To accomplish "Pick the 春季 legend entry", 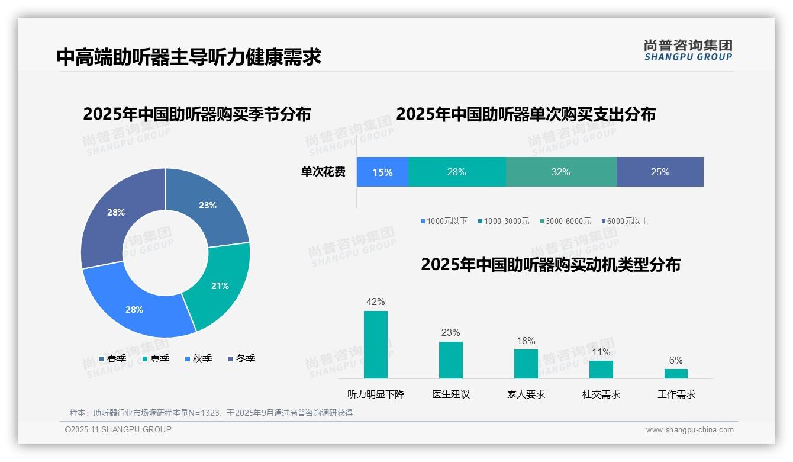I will tap(112, 358).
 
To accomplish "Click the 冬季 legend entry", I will tap(241, 358).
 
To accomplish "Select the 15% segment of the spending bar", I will tap(382, 172).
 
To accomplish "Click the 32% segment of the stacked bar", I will tap(560, 172).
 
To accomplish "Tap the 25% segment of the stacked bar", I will tap(660, 172).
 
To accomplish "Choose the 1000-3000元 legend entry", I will tap(503, 222).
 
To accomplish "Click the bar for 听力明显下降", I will tap(376, 345).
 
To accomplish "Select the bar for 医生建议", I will tap(450, 360).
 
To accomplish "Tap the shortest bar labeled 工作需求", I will tap(676, 374).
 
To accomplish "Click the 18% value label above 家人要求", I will tap(526, 341).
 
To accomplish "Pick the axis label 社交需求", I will tap(601, 394).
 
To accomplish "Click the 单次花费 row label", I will tap(323, 172).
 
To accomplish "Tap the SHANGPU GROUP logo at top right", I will tap(688, 50).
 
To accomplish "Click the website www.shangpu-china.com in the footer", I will tap(689, 430).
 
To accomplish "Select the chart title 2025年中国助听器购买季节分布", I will tap(196, 114).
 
